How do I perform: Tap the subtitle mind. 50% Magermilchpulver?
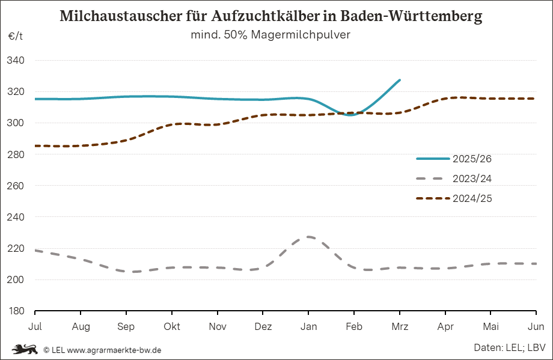270,35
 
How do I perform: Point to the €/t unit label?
16,36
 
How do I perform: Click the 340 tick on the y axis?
16,61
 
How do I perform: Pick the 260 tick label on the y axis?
16,186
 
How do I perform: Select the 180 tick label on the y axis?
16,311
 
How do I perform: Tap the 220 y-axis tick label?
16,248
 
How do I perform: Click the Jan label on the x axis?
308,326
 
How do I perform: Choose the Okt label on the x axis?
172,326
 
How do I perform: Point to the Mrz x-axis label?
400,326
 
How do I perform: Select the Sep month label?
126,326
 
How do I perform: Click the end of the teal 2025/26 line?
400,79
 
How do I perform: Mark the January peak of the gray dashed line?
308,237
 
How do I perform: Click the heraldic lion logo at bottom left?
25,349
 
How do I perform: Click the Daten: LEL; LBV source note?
510,347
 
